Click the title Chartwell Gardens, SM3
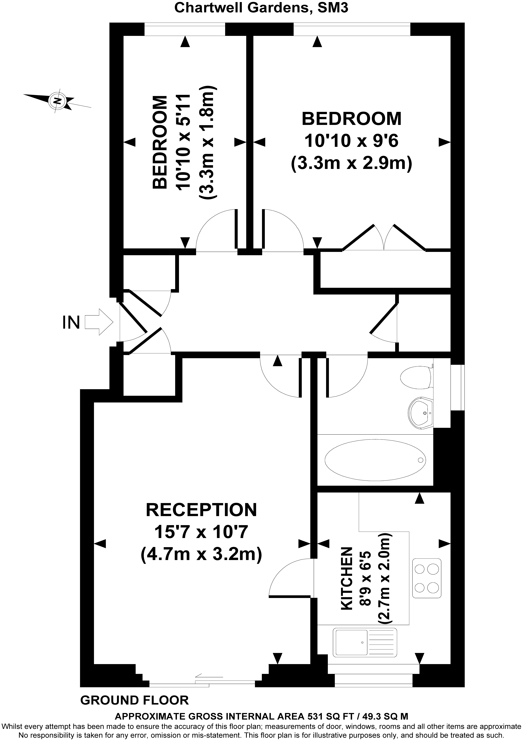tap(261, 8)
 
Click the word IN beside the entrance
tap(71, 322)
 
